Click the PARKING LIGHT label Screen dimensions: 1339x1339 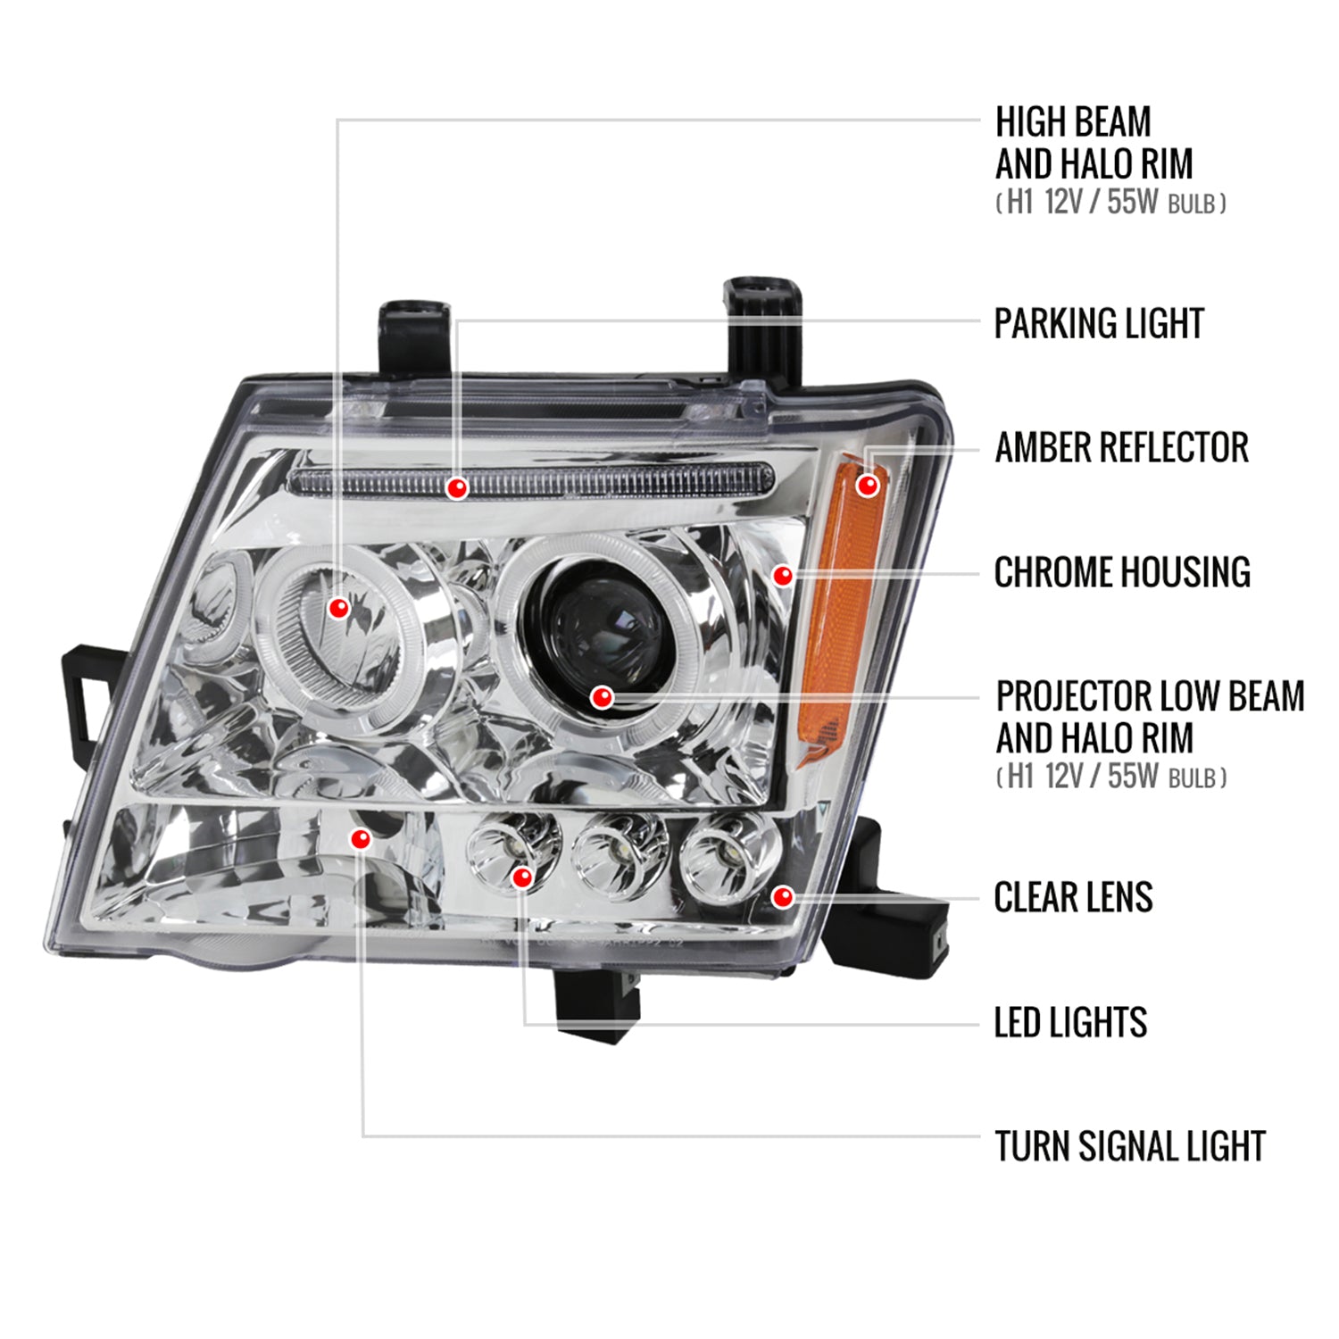pyautogui.click(x=1099, y=323)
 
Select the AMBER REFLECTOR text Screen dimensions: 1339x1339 pyautogui.click(x=1121, y=448)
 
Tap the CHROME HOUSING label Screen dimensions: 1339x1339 pyautogui.click(x=1122, y=572)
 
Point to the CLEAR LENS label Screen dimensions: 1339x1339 pyautogui.click(x=1073, y=897)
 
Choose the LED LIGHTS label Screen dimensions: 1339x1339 pyautogui.click(x=1070, y=1022)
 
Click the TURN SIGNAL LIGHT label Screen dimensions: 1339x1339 pyautogui.click(x=1130, y=1146)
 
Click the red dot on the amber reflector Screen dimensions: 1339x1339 pyautogui.click(x=867, y=486)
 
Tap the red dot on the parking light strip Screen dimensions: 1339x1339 pyautogui.click(x=457, y=488)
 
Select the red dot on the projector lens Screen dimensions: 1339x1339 pyautogui.click(x=603, y=697)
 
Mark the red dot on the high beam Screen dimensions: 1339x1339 pyautogui.click(x=338, y=608)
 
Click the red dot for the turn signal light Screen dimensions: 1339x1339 pyautogui.click(x=361, y=839)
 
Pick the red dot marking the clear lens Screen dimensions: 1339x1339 pyautogui.click(x=782, y=896)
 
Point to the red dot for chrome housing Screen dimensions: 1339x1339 pyautogui.click(x=782, y=576)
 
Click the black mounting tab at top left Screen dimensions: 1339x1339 pyautogui.click(x=414, y=337)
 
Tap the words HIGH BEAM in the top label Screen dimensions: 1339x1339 pyautogui.click(x=1073, y=122)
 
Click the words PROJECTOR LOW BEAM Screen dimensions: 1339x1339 pyautogui.click(x=1150, y=696)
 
